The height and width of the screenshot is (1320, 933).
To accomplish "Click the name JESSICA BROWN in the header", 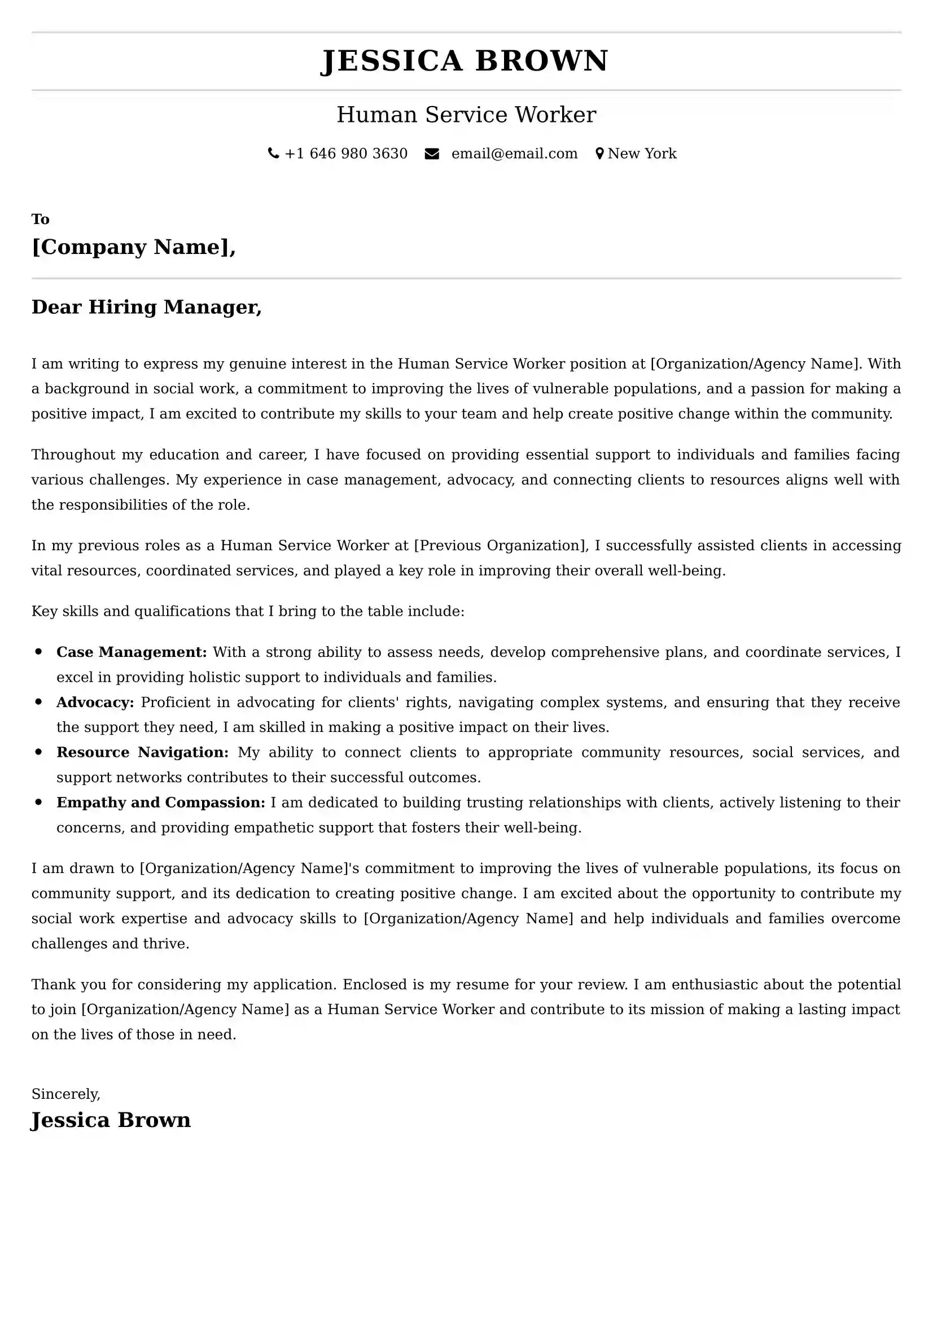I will click(x=465, y=61).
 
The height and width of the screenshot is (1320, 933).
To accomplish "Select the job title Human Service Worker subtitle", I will click(x=466, y=115).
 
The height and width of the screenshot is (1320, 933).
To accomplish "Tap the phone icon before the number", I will click(x=274, y=154).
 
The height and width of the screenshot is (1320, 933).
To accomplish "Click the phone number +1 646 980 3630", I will click(x=346, y=154).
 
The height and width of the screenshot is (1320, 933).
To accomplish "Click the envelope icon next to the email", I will click(x=432, y=154).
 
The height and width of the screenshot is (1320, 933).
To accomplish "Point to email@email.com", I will click(x=514, y=154).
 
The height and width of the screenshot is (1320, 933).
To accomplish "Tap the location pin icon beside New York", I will click(x=599, y=154).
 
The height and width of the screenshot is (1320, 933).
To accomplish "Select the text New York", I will click(x=642, y=154).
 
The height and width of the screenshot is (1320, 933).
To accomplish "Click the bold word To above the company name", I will click(x=40, y=219).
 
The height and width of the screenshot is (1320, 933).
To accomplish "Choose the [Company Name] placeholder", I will click(x=133, y=247).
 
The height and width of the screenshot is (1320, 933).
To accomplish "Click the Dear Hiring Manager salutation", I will click(x=147, y=307).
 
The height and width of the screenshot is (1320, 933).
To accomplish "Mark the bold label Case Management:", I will click(x=132, y=652).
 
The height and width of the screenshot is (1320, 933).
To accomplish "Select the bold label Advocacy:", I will click(x=95, y=702).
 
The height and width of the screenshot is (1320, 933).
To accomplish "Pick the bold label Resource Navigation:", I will click(x=142, y=752).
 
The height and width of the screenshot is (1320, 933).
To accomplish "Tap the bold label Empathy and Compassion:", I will click(x=161, y=802).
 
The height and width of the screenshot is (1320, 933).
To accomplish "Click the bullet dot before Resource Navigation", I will click(x=38, y=751).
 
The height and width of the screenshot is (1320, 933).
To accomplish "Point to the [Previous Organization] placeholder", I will click(x=501, y=545).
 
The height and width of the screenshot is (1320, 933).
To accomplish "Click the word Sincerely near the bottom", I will click(x=65, y=1094).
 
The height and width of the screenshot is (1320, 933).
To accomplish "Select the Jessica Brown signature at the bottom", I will click(x=111, y=1120).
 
